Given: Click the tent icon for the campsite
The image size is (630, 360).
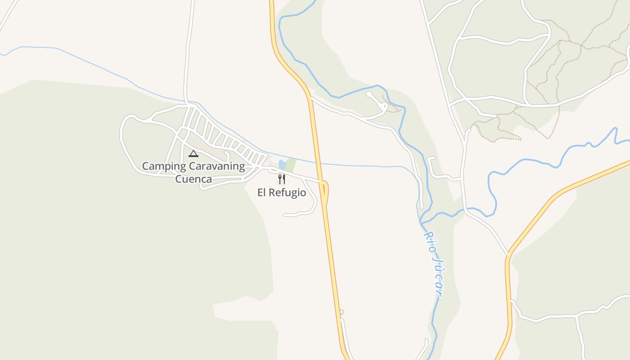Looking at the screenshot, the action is click(x=193, y=153).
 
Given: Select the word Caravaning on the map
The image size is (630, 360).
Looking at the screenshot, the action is click(x=217, y=166).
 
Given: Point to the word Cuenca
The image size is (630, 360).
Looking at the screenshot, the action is click(x=193, y=179).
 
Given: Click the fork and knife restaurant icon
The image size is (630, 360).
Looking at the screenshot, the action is click(x=282, y=179).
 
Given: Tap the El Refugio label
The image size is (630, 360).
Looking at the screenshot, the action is click(x=282, y=193).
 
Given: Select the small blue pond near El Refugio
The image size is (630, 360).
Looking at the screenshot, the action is click(x=282, y=165).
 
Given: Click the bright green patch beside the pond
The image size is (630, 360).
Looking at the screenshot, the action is click(x=291, y=165).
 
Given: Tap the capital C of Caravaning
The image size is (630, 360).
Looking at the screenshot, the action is click(x=192, y=166).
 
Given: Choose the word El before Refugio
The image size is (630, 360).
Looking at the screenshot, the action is click(x=262, y=193).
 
